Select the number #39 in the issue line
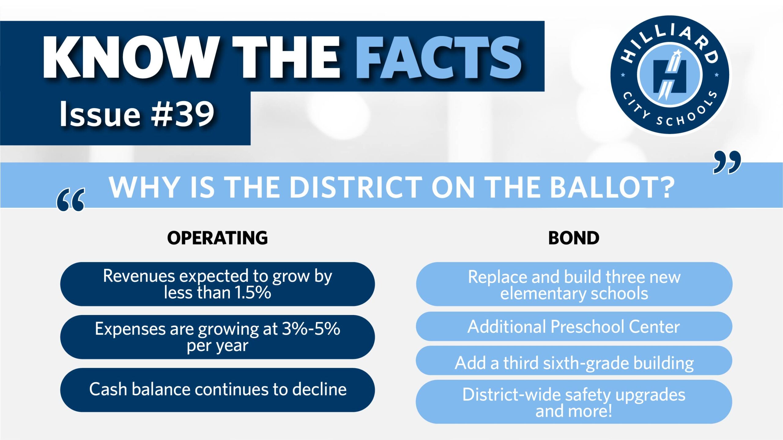[182, 114]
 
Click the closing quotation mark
[727, 162]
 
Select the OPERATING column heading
[217, 238]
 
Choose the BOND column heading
[574, 238]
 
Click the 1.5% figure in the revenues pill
[253, 292]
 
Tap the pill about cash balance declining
[217, 390]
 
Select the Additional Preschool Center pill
[574, 326]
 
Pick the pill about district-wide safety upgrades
[574, 402]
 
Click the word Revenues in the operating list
[139, 276]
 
